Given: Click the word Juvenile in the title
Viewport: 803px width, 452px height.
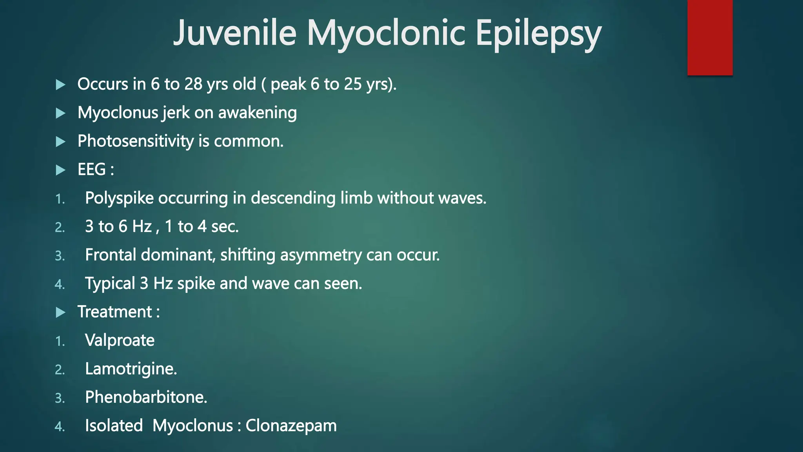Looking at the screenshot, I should [234, 33].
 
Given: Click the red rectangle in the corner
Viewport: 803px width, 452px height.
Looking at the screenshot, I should [710, 37].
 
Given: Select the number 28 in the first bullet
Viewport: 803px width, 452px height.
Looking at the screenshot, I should [193, 84].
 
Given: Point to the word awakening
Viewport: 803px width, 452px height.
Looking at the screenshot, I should [257, 113].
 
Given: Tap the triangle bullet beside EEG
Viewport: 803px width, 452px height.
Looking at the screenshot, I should [60, 170].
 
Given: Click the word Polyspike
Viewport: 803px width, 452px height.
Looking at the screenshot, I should [119, 199].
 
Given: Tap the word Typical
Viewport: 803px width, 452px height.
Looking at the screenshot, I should [110, 284].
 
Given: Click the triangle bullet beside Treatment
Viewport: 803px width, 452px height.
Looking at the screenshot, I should [60, 312].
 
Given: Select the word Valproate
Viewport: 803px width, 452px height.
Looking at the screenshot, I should [120, 341].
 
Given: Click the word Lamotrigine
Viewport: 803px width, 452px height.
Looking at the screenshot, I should [131, 369].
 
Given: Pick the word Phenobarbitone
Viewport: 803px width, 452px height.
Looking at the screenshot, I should [146, 397].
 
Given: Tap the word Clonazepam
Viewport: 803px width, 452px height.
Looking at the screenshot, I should [291, 426].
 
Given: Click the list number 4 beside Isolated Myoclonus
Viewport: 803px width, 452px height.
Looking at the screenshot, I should [60, 427].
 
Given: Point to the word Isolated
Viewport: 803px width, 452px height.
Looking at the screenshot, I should [114, 426].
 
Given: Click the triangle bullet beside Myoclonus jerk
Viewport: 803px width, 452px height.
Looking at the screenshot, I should [60, 113].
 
